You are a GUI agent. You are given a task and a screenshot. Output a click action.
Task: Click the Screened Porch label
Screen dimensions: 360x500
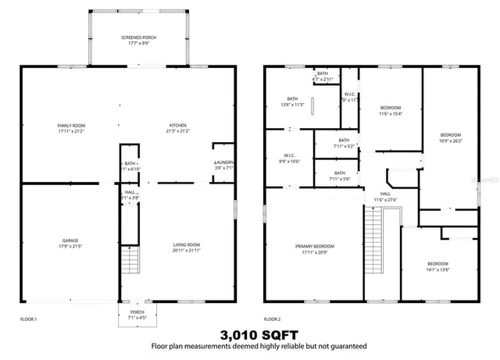pos(137,40)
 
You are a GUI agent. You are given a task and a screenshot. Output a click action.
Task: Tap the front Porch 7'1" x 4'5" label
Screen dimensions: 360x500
pos(137,314)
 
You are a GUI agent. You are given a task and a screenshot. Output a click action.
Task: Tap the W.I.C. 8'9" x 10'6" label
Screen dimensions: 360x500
pos(290,158)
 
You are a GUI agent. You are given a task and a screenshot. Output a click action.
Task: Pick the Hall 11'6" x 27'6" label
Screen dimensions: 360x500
pos(386,197)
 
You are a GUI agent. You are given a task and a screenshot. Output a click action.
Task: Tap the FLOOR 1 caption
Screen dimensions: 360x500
pos(28,319)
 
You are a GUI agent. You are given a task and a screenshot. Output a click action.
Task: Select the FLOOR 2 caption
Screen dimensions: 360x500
pos(272,319)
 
